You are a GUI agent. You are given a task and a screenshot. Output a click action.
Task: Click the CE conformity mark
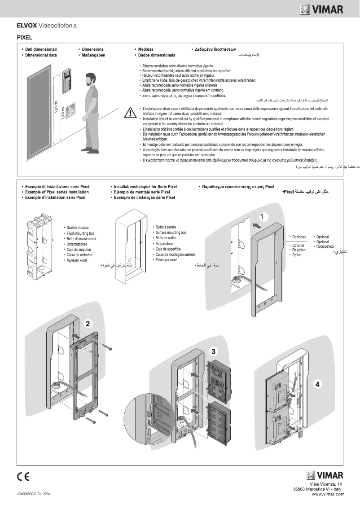23,476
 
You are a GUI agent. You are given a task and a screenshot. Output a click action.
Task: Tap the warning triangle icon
130,112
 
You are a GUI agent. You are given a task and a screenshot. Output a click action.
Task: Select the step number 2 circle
88,323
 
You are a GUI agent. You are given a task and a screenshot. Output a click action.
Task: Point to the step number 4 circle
318,384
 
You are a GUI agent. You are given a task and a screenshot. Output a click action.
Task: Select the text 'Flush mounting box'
80,233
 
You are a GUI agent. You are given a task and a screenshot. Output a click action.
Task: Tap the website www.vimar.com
328,494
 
